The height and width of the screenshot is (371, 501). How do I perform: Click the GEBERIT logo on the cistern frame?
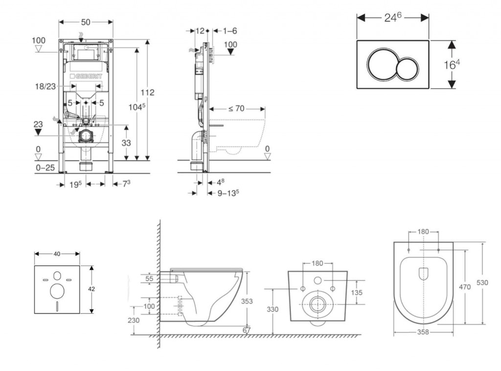[87, 77]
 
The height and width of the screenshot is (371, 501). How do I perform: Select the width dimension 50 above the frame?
[86, 22]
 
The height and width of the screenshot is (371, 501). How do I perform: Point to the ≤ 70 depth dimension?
[236, 108]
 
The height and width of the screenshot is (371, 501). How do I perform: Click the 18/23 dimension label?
[46, 86]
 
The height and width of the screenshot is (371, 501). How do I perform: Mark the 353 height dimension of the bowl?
[247, 301]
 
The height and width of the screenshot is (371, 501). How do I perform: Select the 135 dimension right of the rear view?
[357, 292]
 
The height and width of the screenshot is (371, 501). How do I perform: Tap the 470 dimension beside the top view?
[465, 287]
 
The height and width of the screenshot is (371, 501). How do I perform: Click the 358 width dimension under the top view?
[423, 332]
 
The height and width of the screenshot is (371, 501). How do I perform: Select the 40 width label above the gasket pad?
[57, 254]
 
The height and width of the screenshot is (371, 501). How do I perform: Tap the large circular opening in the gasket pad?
[57, 291]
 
